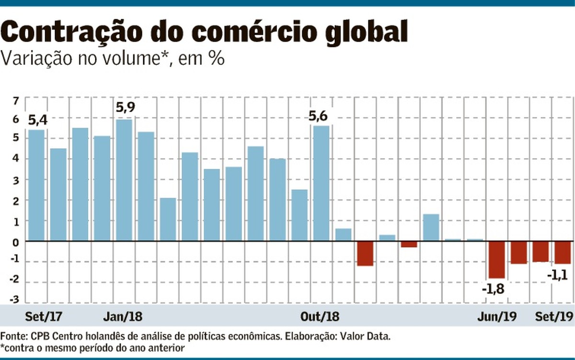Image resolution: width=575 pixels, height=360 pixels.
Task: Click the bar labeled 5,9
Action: tap(124, 180)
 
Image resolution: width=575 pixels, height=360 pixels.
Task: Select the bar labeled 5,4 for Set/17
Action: tap(36, 185)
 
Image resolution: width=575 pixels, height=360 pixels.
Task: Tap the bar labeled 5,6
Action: tap(321, 183)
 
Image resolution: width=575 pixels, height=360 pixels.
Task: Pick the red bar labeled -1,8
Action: tap(496, 259)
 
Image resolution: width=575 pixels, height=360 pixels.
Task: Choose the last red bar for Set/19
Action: tap(563, 252)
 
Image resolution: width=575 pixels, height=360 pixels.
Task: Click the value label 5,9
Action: tap(126, 108)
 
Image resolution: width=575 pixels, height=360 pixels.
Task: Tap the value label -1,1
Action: tap(557, 275)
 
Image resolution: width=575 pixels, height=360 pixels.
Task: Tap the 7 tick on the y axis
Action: tap(16, 101)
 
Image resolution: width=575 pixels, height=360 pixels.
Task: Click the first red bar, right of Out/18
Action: tap(365, 253)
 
